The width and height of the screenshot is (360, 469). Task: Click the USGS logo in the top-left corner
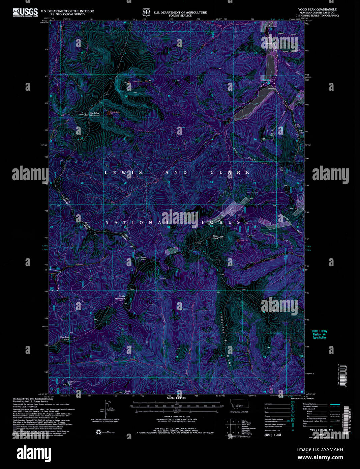(x=25, y=12)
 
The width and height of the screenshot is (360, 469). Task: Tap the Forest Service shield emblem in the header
(x=146, y=13)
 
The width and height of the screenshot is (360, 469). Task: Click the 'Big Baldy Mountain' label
(x=94, y=114)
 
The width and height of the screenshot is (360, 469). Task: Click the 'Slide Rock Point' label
(x=64, y=338)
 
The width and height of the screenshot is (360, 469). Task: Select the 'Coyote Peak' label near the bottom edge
(x=127, y=392)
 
